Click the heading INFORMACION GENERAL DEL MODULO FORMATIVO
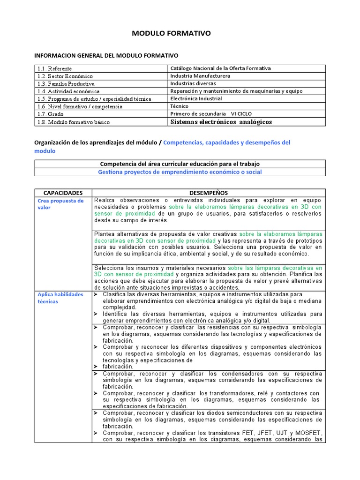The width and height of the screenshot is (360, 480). click(106, 55)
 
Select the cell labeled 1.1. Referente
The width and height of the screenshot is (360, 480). click(55, 68)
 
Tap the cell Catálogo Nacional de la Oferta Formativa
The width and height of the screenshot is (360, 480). click(220, 68)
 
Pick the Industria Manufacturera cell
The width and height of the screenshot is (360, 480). click(200, 76)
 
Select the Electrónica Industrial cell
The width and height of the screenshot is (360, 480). click(196, 99)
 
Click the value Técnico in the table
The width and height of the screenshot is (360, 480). click(180, 106)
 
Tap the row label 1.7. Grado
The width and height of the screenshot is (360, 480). click(50, 114)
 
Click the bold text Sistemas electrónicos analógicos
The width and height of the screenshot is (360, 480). click(221, 122)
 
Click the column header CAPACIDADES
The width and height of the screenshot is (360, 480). click(63, 193)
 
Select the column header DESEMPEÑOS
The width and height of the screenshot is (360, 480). click(208, 193)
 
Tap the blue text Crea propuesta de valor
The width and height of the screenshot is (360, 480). click(60, 204)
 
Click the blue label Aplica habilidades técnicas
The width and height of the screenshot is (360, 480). click(60, 298)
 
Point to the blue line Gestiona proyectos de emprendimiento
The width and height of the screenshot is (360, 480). click(180, 172)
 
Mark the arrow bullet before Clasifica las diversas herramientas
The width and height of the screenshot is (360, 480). click(96, 294)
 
